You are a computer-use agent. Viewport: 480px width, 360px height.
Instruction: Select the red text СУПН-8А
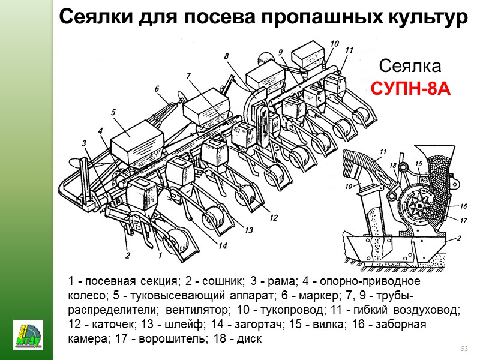coord(410,89)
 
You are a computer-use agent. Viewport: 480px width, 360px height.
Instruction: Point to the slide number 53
coord(463,349)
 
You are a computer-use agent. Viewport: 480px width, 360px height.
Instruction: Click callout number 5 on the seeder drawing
coord(113,111)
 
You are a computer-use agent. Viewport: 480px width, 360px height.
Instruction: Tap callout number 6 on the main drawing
coord(157,89)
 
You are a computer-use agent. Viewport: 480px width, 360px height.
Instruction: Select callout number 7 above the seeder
coord(188,76)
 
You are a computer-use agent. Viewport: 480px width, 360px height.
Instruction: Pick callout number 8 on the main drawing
coord(226,57)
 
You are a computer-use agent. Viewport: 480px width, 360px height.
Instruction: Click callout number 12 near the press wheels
coord(274,217)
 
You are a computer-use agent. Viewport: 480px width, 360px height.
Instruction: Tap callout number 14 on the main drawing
coord(223,245)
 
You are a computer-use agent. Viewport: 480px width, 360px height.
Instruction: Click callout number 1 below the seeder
coord(160,255)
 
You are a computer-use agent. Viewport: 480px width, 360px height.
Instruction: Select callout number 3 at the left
coord(85,143)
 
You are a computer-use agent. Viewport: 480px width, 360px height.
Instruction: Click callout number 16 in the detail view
coord(463,205)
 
